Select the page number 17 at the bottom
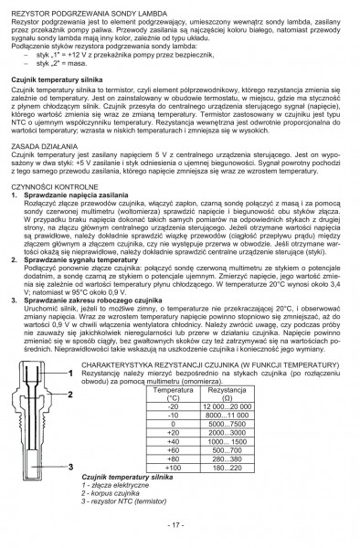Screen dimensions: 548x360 [179, 527]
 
